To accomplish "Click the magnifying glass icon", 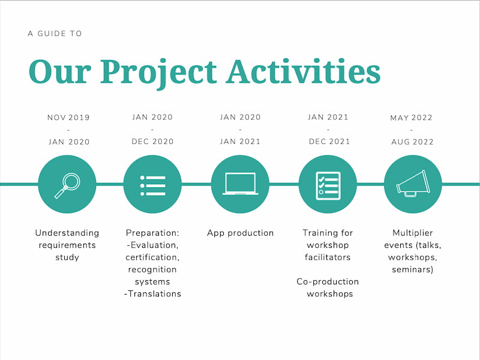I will pos(67,185).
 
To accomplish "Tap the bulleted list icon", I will pos(152,185).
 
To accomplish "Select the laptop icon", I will pos(240,184).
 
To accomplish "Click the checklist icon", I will pos(328,185).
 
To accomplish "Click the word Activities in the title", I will pos(303,71).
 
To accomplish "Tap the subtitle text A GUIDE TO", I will pos(55,34).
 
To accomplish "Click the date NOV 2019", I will pos(68,118).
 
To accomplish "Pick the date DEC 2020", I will pos(152,142).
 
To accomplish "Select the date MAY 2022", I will pos(411,118).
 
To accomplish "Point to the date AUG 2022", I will pos(411,142).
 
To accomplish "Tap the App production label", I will pos(240,233).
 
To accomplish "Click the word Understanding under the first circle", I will pos(67,233).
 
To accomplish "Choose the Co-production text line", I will pos(328,281).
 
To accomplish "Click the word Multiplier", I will pos(412,233).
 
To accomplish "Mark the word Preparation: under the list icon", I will pos(152,233).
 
